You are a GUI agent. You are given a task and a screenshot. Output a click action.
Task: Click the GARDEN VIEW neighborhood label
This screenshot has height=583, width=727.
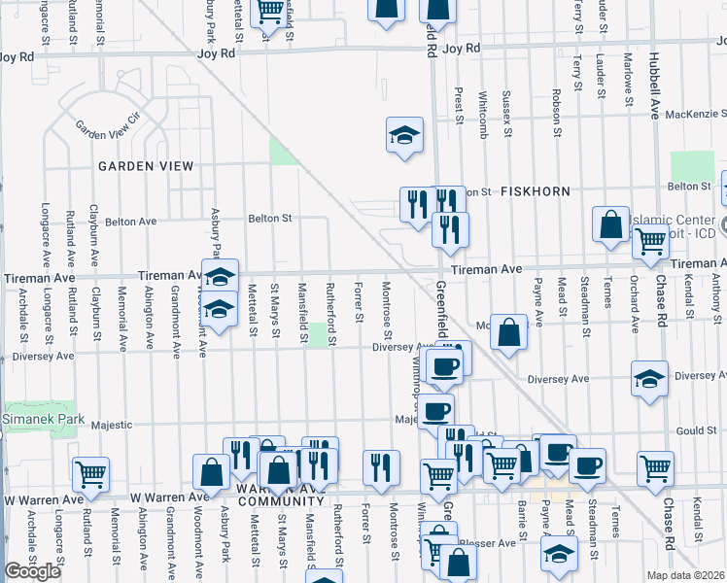pos(146,166)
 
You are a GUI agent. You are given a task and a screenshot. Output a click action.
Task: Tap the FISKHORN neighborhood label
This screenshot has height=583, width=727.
pos(534,192)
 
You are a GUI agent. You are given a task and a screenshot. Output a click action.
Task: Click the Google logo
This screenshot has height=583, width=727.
pos(32,571)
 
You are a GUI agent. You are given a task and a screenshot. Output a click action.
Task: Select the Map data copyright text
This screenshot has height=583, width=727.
pos(687,575)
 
